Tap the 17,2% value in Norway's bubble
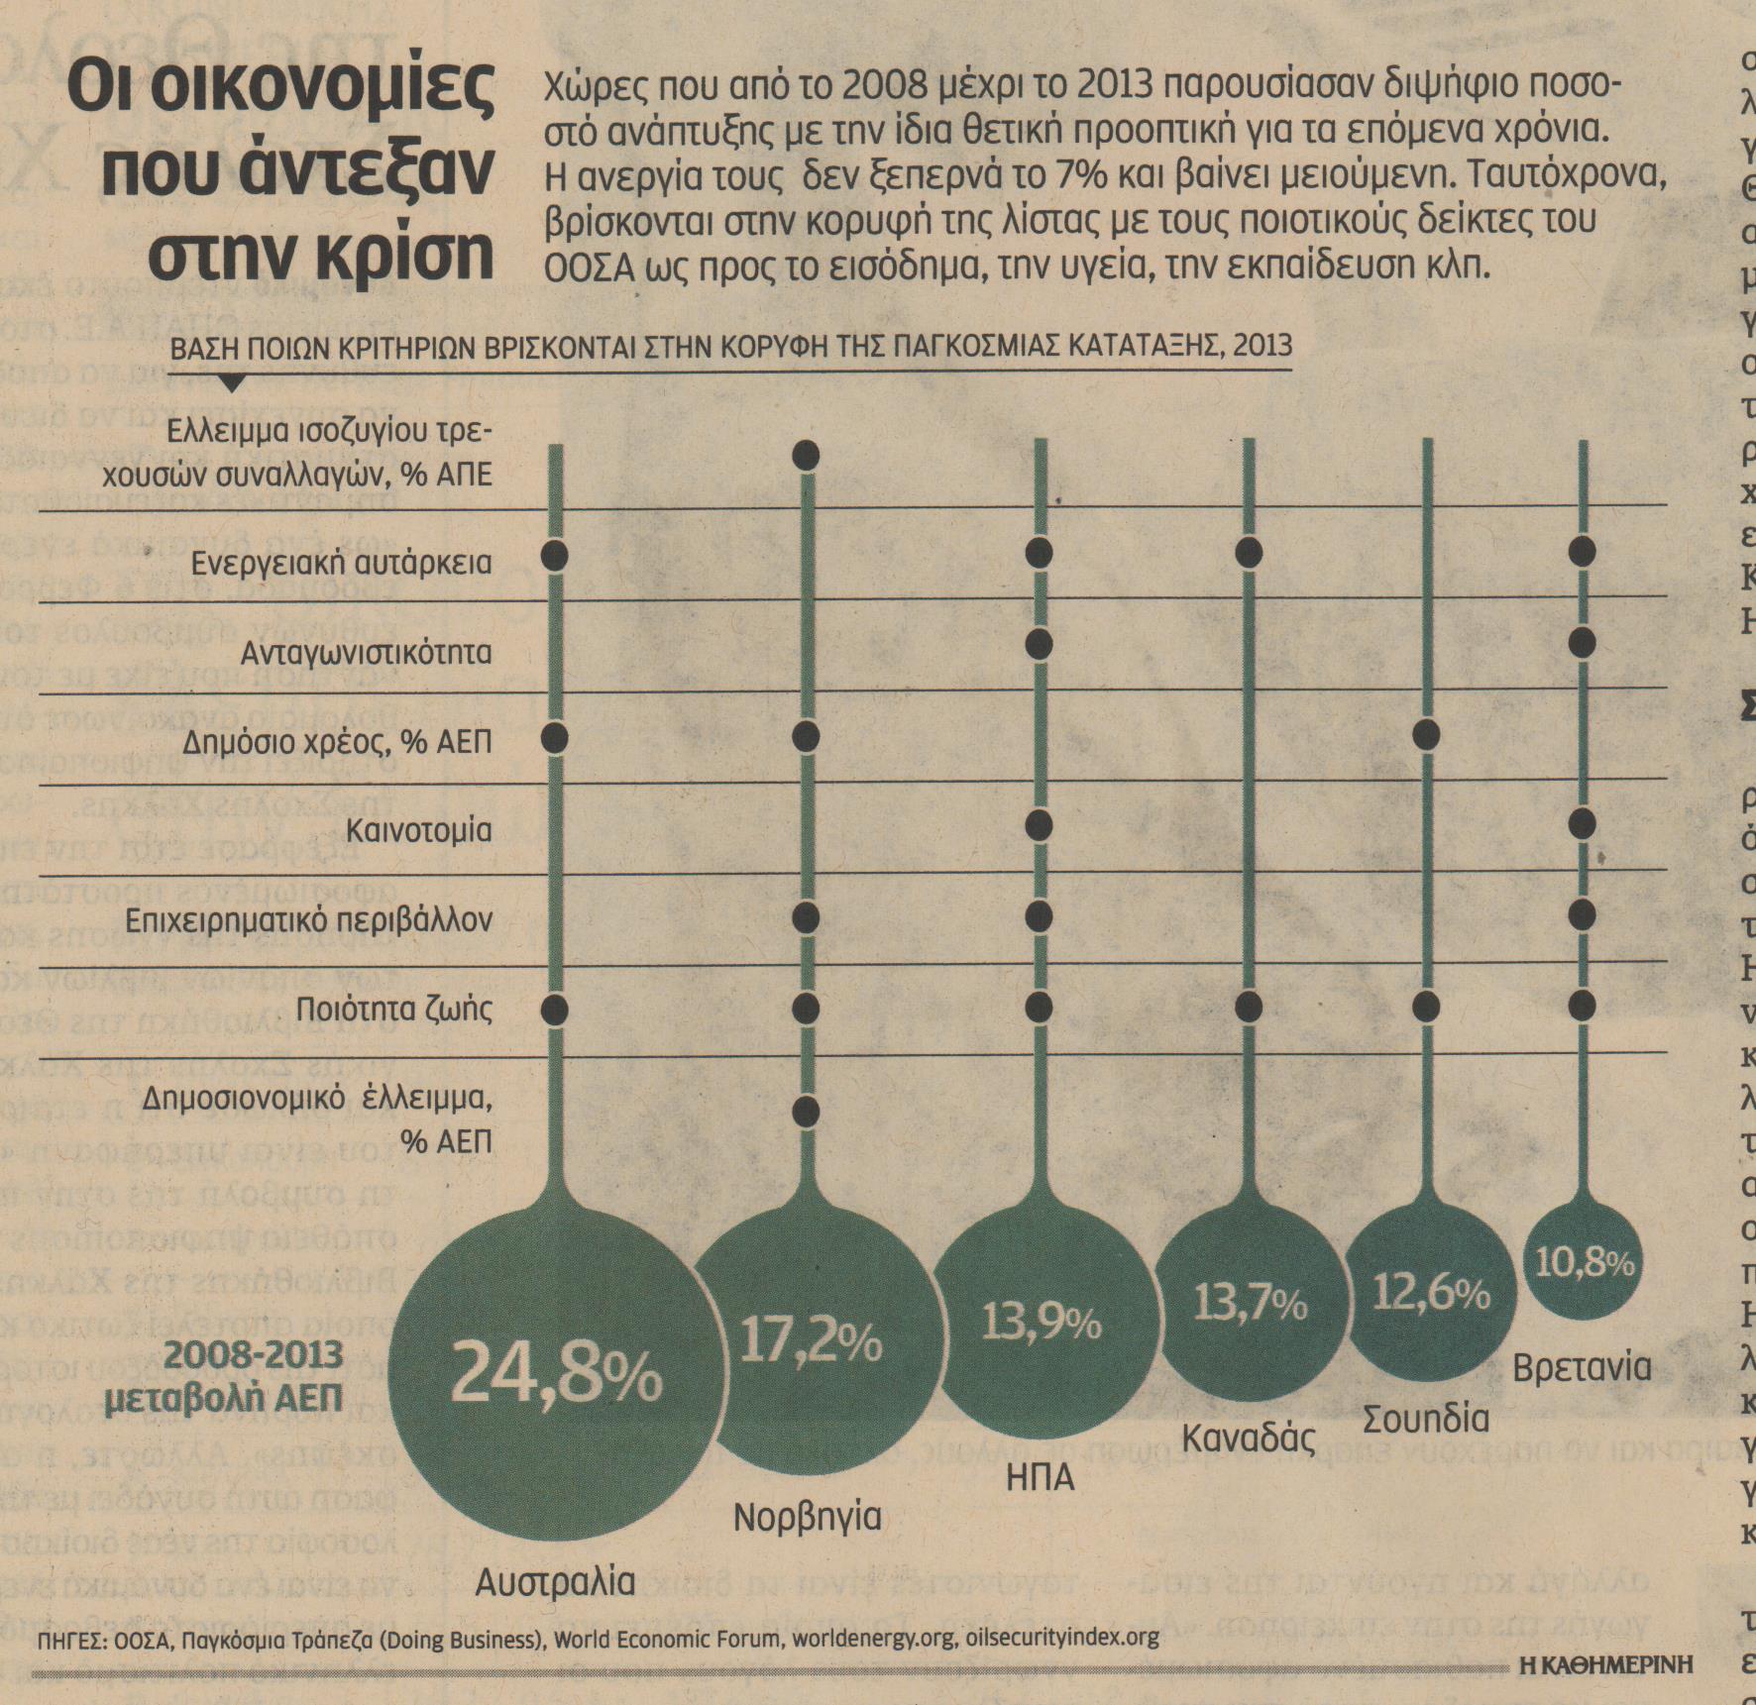(812, 1343)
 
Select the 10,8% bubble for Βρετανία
(1585, 1263)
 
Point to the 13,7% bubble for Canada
(1250, 1305)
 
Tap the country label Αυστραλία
(554, 1580)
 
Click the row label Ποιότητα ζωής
(393, 1010)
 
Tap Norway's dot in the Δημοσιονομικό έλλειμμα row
(807, 1112)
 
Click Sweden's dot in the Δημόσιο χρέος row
(1427, 735)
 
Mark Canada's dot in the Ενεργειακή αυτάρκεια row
(1248, 552)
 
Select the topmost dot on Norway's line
(807, 456)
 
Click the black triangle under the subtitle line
(230, 381)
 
